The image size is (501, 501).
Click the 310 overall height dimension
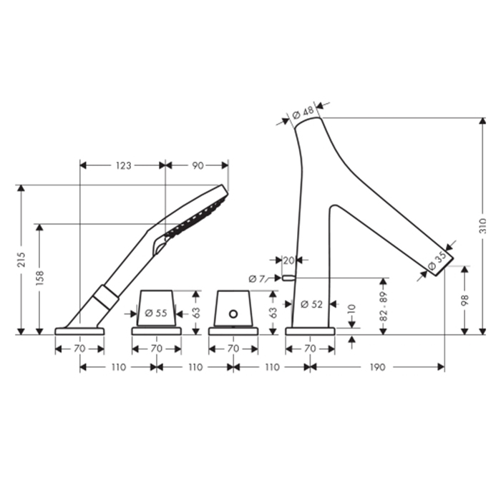[x=483, y=225]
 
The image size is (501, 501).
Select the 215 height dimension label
[x=21, y=259]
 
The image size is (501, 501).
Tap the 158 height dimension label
[x=39, y=278]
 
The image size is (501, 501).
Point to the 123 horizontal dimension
[x=123, y=165]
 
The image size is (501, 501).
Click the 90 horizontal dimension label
[x=198, y=165]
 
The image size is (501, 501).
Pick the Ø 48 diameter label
[x=303, y=113]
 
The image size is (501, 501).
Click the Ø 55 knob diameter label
[x=156, y=313]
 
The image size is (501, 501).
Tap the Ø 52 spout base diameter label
[x=311, y=304]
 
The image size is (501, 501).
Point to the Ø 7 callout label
[x=256, y=279]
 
